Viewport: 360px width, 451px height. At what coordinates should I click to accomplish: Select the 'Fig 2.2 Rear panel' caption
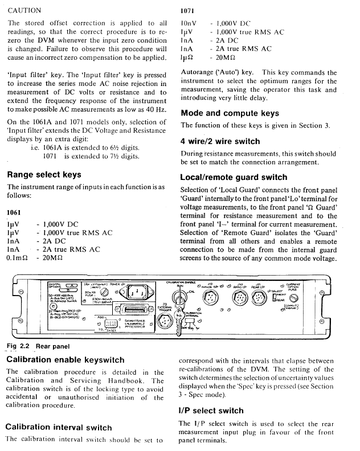38,346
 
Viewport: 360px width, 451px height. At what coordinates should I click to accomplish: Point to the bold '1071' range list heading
189,11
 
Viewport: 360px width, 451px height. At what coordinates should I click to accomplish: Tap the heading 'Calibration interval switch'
59,427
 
